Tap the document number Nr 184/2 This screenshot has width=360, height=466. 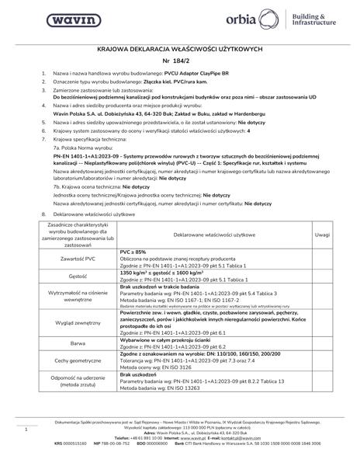(x=180, y=60)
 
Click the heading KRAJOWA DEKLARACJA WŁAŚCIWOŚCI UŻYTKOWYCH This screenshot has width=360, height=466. (x=180, y=47)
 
